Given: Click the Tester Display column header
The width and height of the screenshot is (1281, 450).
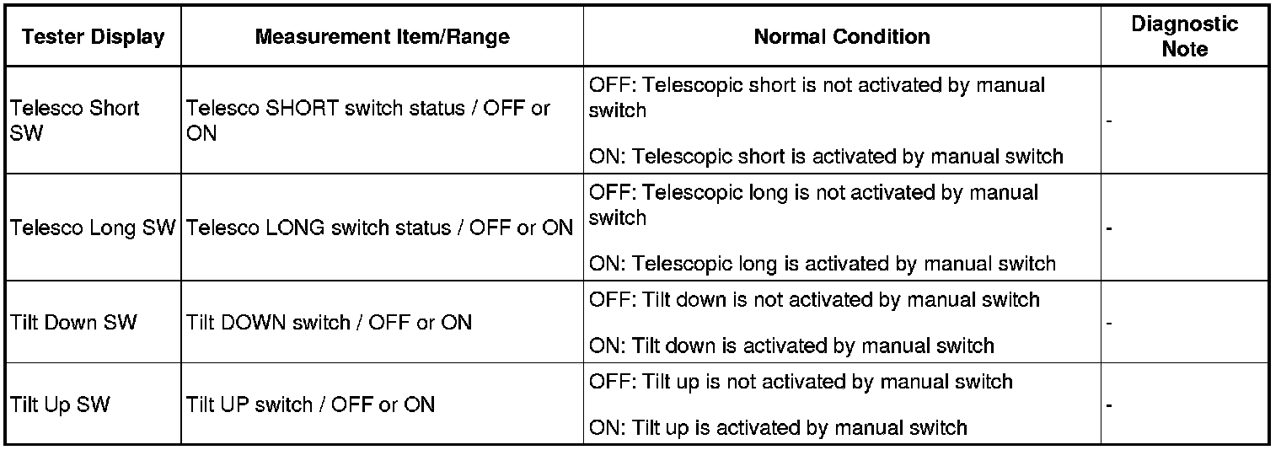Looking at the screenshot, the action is pyautogui.click(x=94, y=36).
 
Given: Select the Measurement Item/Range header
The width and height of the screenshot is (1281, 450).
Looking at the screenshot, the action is pyautogui.click(x=382, y=36).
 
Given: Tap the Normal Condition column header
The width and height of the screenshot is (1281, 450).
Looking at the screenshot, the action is pyautogui.click(x=842, y=36).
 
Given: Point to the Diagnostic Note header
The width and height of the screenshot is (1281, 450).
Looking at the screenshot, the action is pyautogui.click(x=1184, y=36).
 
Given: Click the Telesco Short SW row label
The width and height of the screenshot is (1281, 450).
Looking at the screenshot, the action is pyautogui.click(x=75, y=120).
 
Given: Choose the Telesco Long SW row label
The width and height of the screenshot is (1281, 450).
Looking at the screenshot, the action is pyautogui.click(x=93, y=228).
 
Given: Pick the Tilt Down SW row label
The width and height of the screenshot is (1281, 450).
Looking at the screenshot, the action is pyautogui.click(x=74, y=323).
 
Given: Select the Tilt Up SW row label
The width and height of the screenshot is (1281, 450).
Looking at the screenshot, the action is pyautogui.click(x=60, y=404).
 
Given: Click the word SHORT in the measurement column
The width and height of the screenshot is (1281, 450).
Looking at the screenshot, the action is pyautogui.click(x=302, y=108).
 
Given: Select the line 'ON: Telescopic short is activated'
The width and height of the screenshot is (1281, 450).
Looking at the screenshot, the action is pyautogui.click(x=826, y=156).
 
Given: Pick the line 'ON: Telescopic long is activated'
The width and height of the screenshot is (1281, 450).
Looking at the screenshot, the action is pyautogui.click(x=823, y=264).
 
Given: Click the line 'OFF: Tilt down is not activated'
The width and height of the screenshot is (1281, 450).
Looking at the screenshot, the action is pyautogui.click(x=814, y=300).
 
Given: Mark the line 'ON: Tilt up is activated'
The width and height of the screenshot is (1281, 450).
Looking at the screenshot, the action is pyautogui.click(x=778, y=428).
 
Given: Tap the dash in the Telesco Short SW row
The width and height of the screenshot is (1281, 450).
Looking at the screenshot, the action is pyautogui.click(x=1109, y=121).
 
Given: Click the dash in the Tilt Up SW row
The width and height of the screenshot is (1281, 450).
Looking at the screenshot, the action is pyautogui.click(x=1109, y=406).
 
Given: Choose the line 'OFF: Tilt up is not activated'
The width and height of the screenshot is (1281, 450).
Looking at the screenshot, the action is pyautogui.click(x=801, y=382).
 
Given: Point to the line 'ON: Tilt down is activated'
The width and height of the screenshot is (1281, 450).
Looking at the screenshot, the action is pyautogui.click(x=791, y=346).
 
